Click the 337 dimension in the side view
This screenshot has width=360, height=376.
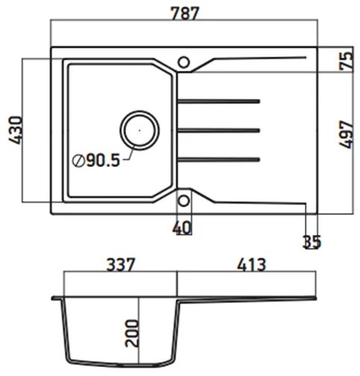[119, 264]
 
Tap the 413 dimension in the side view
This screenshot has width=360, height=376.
[249, 264]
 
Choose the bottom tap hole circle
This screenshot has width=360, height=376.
[183, 199]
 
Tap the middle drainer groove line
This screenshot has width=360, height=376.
[220, 130]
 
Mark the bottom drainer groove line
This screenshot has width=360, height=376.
[220, 158]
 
